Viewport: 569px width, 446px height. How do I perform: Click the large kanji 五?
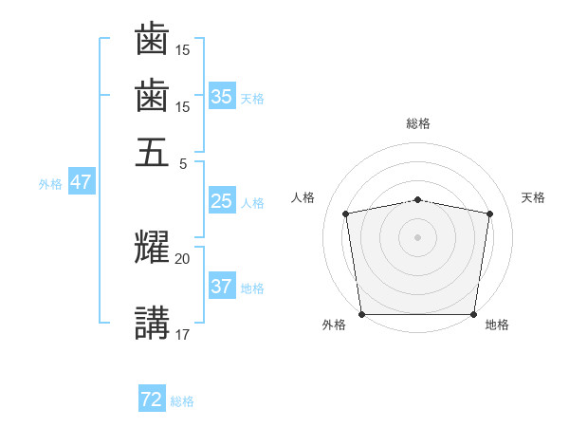152,152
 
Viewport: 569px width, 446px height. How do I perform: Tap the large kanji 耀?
152,247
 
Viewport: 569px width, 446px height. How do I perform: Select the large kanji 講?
152,323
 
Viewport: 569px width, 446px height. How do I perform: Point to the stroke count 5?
183,164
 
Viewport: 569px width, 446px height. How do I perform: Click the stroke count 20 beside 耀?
182,259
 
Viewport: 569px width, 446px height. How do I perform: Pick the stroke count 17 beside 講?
182,334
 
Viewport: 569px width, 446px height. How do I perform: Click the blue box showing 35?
222,96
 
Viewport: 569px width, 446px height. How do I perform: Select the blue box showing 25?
222,200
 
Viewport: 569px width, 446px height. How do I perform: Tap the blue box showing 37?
222,285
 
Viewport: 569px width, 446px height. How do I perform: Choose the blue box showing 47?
82,181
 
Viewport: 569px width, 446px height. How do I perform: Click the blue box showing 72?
152,398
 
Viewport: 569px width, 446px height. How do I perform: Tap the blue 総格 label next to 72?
182,401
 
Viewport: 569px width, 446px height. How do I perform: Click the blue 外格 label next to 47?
50,184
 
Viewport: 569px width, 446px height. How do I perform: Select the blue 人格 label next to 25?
252,203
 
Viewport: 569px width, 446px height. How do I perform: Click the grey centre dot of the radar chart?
417,237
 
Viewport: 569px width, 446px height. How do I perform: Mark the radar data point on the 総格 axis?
417,200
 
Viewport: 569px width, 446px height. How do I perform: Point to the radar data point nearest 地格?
473,314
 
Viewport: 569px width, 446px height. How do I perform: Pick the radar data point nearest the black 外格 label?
362,314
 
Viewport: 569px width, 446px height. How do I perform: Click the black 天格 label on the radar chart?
533,197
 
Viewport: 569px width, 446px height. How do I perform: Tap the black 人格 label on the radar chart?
303,197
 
